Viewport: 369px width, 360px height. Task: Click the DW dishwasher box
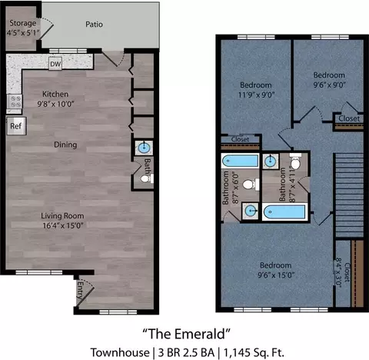(55, 64)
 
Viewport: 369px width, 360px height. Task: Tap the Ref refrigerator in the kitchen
(16, 126)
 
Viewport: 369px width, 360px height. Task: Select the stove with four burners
(15, 102)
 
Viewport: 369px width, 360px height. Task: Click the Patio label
(94, 25)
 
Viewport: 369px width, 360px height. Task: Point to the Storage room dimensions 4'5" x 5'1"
(23, 33)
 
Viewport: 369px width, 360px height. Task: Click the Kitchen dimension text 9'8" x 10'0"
(55, 104)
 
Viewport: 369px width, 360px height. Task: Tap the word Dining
(65, 145)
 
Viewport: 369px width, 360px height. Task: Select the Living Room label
(62, 216)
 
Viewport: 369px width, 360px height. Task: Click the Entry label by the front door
(80, 290)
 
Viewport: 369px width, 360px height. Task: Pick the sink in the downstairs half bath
(144, 148)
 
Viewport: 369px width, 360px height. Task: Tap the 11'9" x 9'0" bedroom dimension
(256, 95)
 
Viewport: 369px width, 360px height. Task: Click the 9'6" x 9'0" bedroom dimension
(330, 85)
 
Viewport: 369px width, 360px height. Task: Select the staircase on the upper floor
(349, 195)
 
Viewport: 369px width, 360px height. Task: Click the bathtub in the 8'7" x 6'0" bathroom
(241, 161)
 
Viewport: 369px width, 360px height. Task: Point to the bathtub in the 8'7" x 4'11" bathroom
(285, 212)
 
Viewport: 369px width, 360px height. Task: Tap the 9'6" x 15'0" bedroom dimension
(276, 275)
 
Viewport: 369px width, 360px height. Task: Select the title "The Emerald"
(186, 334)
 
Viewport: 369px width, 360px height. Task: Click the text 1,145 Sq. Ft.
(254, 352)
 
